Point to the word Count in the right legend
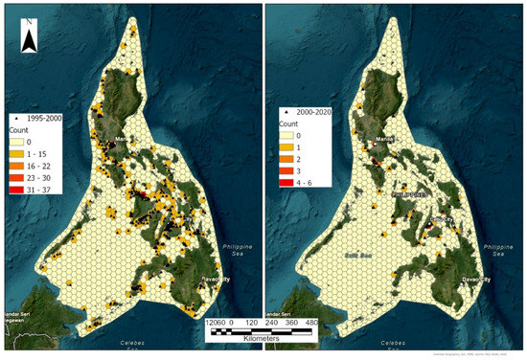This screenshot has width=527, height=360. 288,124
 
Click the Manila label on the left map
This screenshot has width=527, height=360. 120,139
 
